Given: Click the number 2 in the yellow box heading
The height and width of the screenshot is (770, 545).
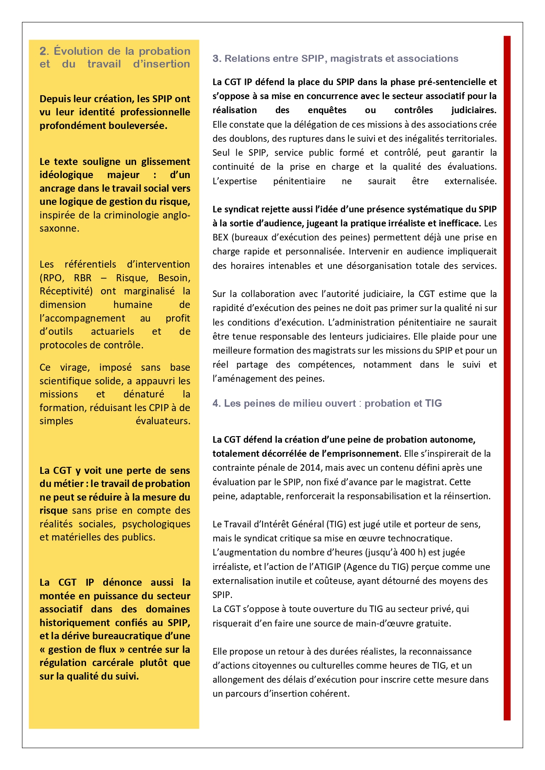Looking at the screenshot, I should pos(43,51).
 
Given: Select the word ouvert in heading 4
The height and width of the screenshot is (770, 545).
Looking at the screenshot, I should pos(341,404).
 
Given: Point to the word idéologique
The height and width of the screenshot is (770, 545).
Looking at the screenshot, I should pos(66,175).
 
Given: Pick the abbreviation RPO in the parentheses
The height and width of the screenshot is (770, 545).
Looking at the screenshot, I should pos(53,278).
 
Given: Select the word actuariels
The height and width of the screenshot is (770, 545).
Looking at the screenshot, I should pos(113,332).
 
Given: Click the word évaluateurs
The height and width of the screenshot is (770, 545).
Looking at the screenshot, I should pos(162,421).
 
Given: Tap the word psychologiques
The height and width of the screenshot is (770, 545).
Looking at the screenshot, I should pos(156,524).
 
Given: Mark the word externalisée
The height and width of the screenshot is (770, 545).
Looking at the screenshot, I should pos(470,181).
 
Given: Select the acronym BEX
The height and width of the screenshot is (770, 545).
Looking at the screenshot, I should pos(220,237).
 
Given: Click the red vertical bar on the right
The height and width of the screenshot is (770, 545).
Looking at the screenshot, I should pos(507,377).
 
